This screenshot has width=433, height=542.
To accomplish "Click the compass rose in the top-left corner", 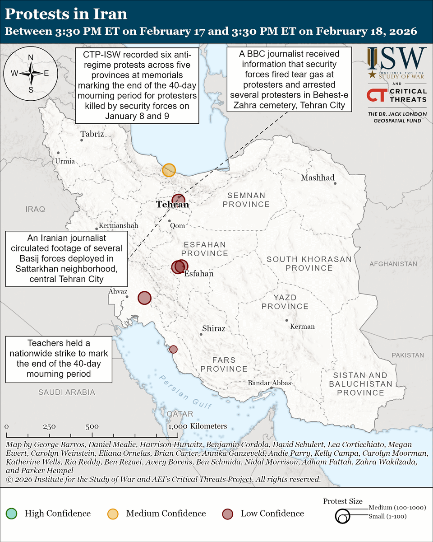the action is tap(31, 72).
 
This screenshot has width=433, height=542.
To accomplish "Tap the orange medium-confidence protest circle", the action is tap(169, 170).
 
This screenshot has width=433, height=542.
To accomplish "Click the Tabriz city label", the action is tap(92, 134).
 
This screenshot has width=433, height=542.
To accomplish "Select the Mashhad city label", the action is tap(318, 178).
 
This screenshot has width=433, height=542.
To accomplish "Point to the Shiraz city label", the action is tap(214, 328).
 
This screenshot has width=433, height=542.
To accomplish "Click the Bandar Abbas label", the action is tap(270, 383).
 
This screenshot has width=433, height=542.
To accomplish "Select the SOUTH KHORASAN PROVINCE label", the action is tap(309, 263).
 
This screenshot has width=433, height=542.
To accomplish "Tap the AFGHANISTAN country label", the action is tap(393, 264).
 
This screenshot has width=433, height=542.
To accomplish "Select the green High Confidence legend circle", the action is tap(11, 514).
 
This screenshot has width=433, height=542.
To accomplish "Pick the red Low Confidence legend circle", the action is tap(228, 514).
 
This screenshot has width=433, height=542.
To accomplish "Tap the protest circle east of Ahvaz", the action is tap(144, 298).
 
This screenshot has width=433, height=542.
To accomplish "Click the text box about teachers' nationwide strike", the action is tap(59, 359).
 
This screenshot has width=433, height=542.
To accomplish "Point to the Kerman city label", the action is tap(303, 326).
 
